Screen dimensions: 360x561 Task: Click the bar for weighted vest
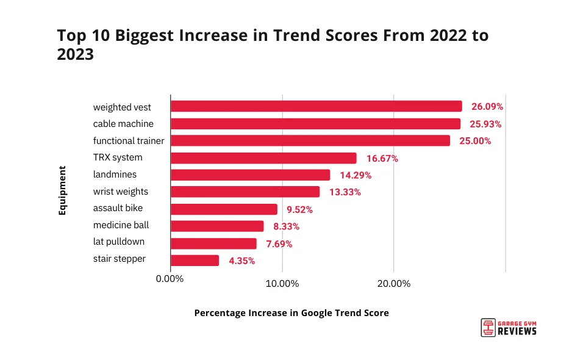tap(316, 107)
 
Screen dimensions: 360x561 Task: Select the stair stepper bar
tap(195, 261)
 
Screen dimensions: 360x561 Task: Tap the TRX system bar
tap(263, 158)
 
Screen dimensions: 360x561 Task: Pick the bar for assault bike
tap(224, 209)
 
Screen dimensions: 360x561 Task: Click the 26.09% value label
tap(487, 107)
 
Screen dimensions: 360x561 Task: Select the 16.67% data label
tap(382, 159)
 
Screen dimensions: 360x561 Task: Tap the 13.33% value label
tap(345, 192)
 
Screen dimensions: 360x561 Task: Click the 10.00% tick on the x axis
tap(282, 283)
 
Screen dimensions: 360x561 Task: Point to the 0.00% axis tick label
tap(170, 279)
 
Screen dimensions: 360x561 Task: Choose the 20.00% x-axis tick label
tap(394, 283)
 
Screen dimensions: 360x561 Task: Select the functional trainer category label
tap(129, 140)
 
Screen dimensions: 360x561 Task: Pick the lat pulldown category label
tap(119, 242)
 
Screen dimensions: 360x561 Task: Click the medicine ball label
tap(121, 225)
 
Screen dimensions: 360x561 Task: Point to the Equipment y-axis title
tap(62, 190)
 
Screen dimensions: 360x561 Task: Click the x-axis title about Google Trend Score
tap(291, 312)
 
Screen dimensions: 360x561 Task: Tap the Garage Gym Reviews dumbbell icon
tap(487, 328)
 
